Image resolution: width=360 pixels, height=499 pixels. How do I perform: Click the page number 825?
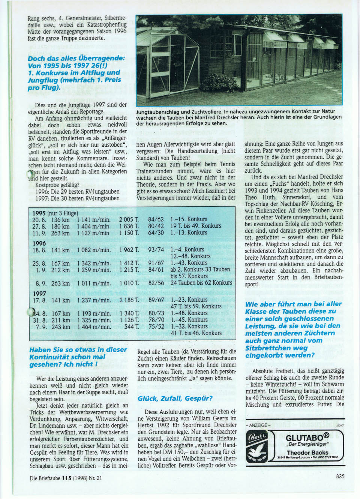[340, 476]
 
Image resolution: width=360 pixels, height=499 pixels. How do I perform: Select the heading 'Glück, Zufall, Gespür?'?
[175, 398]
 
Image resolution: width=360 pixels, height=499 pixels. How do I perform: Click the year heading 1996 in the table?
[39, 243]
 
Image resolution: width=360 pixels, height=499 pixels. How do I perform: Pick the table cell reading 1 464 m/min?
[94, 327]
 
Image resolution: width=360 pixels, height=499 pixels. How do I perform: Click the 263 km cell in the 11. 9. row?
[60, 233]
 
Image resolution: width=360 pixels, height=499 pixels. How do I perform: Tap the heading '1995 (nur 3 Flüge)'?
[55, 213]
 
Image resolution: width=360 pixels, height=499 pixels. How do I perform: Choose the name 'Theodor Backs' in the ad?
[307, 452]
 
